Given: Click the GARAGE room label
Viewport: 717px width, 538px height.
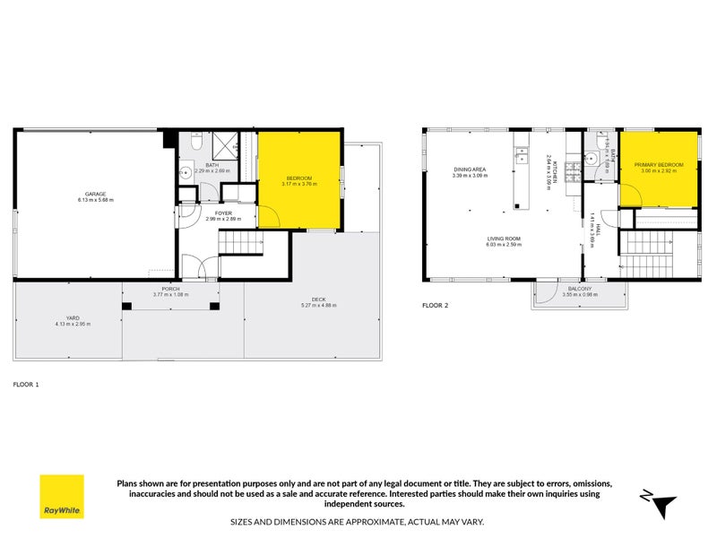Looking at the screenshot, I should pos(96,195).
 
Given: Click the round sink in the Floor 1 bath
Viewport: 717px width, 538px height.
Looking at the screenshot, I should pos(186,174).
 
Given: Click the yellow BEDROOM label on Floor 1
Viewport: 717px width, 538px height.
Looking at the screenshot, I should pos(298,178).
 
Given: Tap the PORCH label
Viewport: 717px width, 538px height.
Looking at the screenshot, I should pos(170,289).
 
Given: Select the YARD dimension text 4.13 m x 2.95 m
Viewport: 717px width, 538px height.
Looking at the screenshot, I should pos(73,324).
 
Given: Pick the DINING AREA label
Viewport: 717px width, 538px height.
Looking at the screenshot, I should pos(469,169).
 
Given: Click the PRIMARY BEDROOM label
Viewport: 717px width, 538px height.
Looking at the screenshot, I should pos(659,165).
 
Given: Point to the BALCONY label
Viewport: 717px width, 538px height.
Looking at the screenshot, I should pos(577,289).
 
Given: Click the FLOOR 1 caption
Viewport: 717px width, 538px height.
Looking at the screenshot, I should pos(26,383).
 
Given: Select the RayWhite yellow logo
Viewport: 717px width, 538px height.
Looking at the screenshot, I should pos(62,496).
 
